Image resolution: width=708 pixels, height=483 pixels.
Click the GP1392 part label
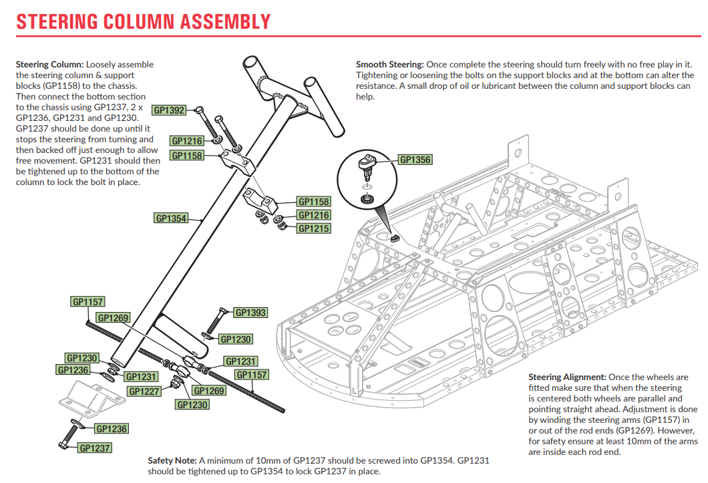[x=169, y=111]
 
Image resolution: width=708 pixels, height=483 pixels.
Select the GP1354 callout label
[x=171, y=218]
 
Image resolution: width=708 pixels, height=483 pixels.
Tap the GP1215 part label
[x=314, y=228]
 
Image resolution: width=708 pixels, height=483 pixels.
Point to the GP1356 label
[x=415, y=160]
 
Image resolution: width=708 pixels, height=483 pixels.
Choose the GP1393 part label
[x=251, y=313]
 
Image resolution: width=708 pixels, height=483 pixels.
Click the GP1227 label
[x=144, y=391]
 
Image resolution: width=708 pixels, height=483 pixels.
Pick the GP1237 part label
[x=94, y=448]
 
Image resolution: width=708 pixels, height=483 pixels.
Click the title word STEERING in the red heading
[x=57, y=21]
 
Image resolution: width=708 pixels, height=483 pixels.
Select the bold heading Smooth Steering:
[x=389, y=65]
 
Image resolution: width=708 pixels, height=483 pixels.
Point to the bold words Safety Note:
[x=172, y=461]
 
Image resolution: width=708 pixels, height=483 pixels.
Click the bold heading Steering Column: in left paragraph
[x=49, y=65]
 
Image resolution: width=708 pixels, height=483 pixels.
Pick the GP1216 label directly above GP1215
[x=314, y=215]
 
